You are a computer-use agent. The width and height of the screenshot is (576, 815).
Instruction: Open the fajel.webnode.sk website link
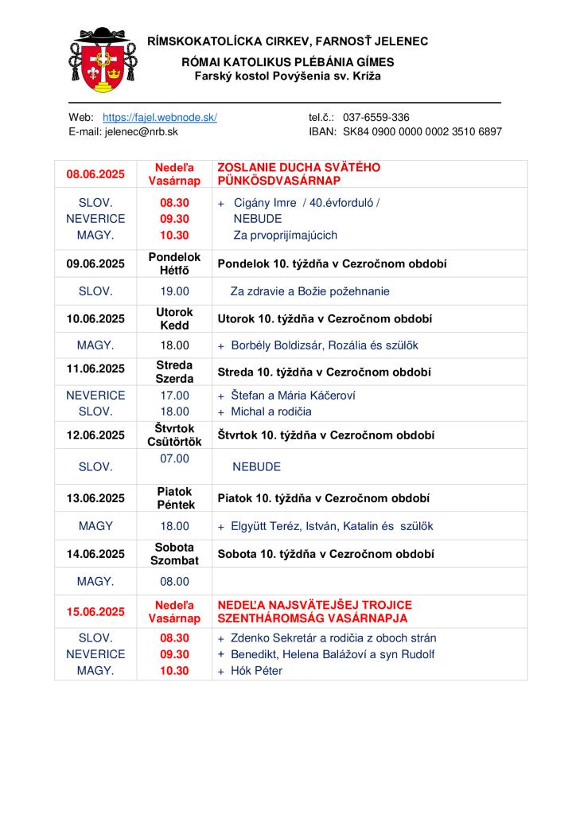point(160,117)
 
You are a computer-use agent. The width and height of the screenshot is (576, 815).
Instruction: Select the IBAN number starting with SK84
point(422,131)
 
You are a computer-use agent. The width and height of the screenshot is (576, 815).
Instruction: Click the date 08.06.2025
point(95,174)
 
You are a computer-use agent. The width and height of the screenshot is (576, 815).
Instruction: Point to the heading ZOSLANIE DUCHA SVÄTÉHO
point(299,168)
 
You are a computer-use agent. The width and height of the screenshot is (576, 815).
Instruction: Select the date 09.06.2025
point(95,263)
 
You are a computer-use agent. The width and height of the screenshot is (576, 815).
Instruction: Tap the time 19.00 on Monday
point(175,291)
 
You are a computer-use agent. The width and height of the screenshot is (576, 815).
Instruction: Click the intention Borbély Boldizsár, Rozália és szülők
point(324,345)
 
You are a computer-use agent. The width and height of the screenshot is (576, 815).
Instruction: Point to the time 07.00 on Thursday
point(175,458)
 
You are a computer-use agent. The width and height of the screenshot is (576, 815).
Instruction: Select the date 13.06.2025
point(95,498)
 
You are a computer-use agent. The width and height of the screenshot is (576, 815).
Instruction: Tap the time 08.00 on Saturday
point(175,581)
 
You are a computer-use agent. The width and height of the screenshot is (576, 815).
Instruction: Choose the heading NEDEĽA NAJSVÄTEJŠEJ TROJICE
point(314,606)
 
